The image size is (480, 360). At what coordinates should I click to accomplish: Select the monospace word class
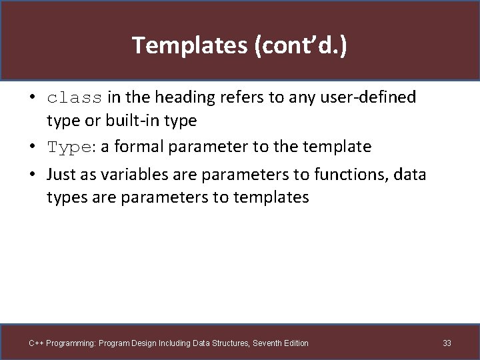(75, 98)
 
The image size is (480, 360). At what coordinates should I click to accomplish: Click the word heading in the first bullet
(177, 97)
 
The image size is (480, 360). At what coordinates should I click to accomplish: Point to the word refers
(224, 97)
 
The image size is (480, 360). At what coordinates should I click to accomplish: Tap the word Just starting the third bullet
(61, 175)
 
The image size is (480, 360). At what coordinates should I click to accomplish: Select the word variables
(127, 175)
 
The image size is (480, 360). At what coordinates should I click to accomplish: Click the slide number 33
(447, 343)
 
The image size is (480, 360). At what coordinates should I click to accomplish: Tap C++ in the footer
(36, 343)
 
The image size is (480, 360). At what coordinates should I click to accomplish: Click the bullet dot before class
(32, 98)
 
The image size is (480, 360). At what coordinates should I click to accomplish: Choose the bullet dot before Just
(32, 175)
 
